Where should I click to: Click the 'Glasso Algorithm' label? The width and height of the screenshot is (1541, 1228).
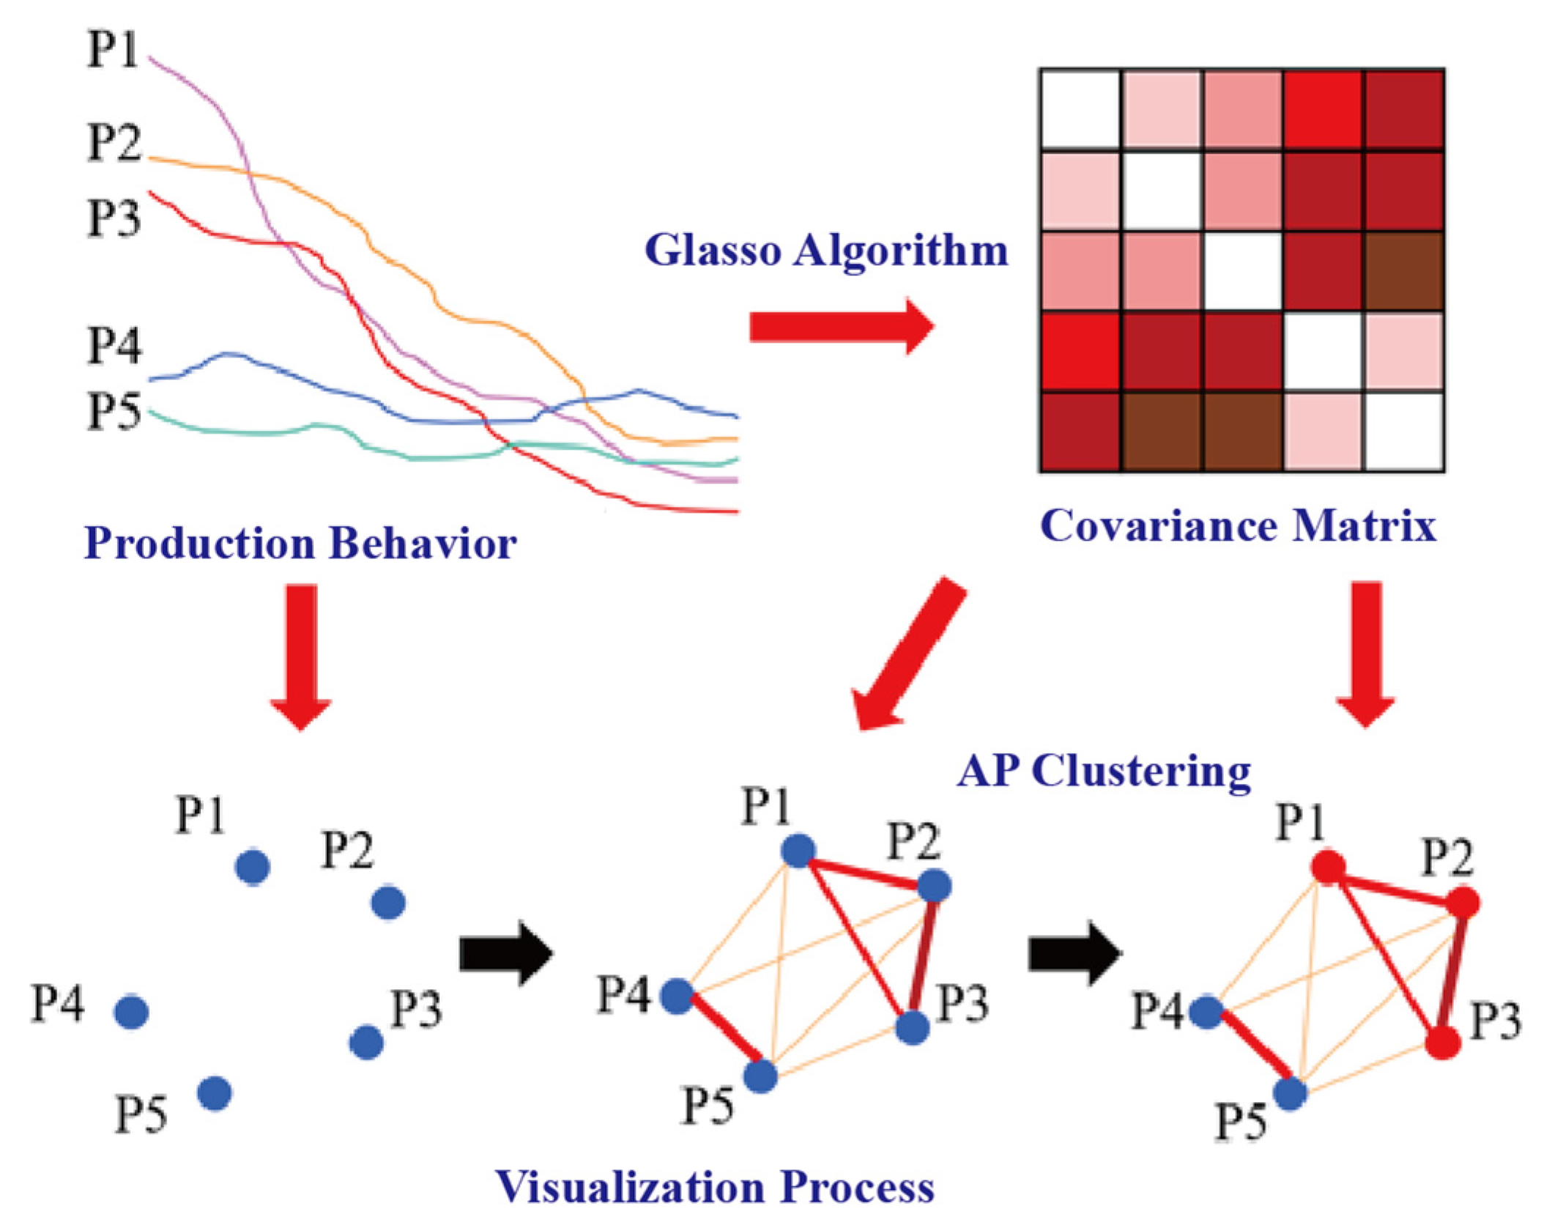pos(826,251)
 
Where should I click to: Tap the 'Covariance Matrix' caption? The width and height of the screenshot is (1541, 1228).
pos(1238,526)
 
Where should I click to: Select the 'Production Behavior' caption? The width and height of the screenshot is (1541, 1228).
pos(300,544)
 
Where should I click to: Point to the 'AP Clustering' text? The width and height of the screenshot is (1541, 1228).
pos(1104,772)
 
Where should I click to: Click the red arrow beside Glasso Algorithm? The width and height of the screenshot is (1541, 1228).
pos(842,326)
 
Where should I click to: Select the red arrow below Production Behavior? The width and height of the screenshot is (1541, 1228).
pos(301,656)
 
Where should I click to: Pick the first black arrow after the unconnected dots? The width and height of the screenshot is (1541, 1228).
pos(505,954)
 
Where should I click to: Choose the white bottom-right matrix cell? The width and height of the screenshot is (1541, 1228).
pos(1403,432)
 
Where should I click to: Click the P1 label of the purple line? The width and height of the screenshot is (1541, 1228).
pos(112,50)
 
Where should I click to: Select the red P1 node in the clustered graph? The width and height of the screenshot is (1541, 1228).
pos(1328,868)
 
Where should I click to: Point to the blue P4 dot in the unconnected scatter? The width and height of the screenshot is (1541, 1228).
pos(132,1012)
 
